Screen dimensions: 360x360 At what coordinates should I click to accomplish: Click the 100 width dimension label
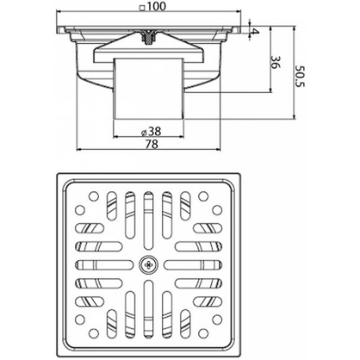157,7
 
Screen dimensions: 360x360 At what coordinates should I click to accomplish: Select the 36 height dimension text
275,62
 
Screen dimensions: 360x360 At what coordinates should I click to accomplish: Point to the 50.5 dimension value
301,76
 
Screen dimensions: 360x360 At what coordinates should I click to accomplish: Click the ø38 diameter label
152,132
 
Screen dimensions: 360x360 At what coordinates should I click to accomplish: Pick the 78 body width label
152,144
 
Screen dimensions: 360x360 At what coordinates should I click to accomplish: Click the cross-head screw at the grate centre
148,264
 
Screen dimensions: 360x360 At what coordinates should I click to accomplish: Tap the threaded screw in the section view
148,37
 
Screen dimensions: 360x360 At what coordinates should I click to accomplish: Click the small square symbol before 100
142,8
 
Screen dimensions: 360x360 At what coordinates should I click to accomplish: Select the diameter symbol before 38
144,133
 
